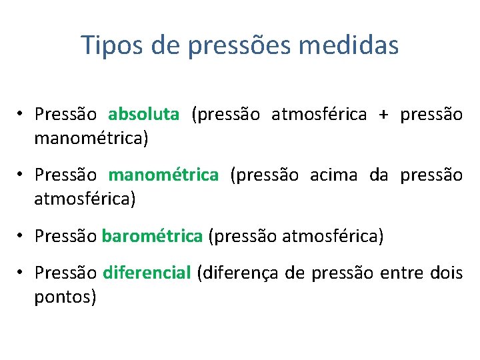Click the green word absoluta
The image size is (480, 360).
143,115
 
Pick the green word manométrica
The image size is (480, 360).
163,175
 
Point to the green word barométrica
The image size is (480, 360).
153,237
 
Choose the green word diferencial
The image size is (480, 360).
147,273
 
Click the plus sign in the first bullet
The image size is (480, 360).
383,115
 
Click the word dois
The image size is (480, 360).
447,273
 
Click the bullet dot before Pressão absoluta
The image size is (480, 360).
21,115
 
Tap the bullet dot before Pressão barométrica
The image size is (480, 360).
21,237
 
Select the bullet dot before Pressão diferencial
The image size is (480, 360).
21,273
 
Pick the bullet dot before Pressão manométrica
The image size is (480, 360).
21,175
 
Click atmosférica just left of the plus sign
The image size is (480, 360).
319,115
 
